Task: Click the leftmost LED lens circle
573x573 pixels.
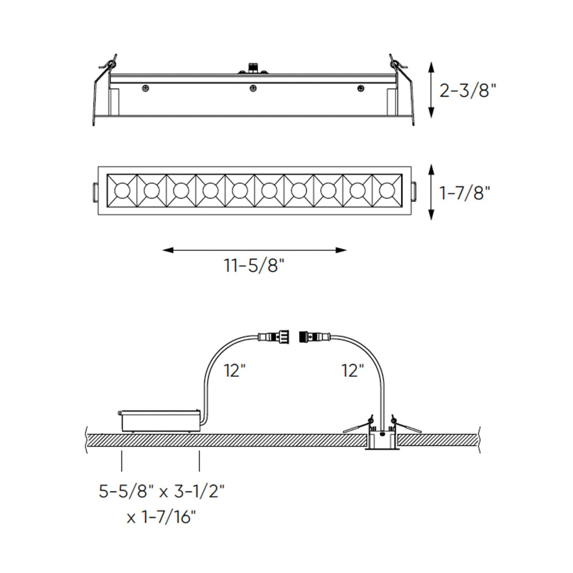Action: [x=122, y=191]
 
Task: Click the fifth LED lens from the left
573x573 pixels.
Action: [x=240, y=191]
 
